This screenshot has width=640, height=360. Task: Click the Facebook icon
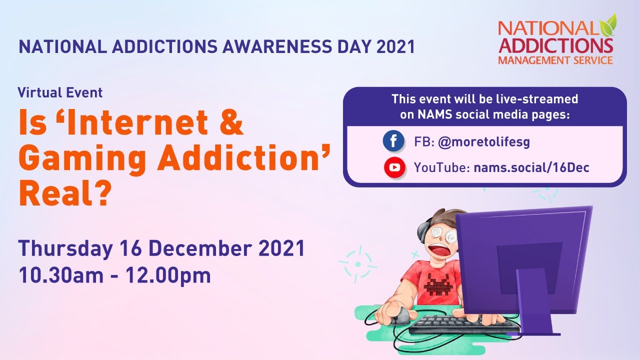click(x=393, y=141)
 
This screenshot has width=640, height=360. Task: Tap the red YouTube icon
click(x=394, y=167)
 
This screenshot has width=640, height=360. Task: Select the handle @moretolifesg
click(x=483, y=142)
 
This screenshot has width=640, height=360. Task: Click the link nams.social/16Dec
click(x=531, y=167)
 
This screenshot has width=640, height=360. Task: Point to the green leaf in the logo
click(x=610, y=24)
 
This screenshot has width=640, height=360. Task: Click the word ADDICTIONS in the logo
click(x=555, y=45)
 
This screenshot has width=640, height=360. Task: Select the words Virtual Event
click(x=60, y=92)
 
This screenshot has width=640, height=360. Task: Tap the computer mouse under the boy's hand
click(x=400, y=316)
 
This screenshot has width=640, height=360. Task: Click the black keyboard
click(x=462, y=324)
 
